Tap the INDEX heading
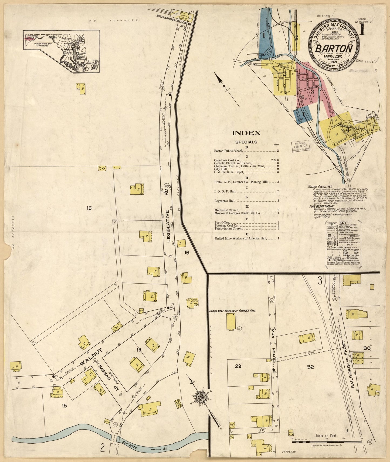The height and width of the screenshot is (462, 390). point(246,133)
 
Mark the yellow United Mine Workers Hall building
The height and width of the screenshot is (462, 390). point(230,322)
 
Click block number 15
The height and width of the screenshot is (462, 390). point(89,208)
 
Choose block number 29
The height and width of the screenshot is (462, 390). point(238,367)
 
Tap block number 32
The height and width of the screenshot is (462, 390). point(310,367)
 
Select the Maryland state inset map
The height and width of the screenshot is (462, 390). point(62,51)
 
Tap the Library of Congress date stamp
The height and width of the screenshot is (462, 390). point(300,146)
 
